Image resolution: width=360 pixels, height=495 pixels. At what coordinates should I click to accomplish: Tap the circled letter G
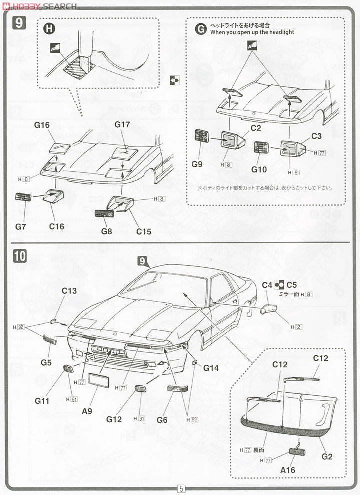[x=200, y=29]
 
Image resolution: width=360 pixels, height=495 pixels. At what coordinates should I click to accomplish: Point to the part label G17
[x=122, y=124]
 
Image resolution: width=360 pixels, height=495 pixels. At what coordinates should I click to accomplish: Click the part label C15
[x=143, y=218]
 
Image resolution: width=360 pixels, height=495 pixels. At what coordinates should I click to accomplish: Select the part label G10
[x=259, y=169]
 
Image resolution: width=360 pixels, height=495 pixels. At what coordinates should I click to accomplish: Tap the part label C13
[x=69, y=291]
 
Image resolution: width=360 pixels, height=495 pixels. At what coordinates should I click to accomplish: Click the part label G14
[x=211, y=368]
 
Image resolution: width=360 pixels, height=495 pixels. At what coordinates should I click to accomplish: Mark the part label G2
[x=327, y=456]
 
